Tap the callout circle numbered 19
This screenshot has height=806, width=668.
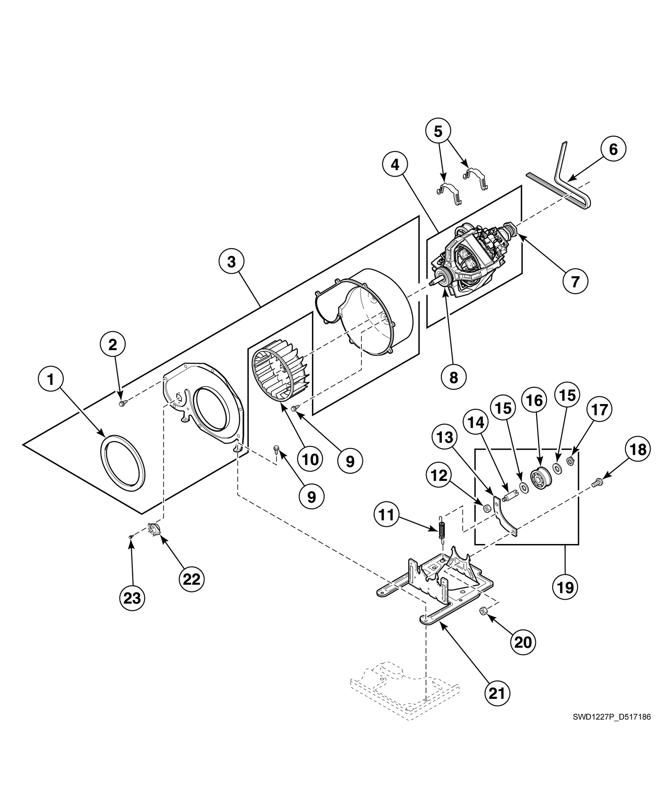click(565, 587)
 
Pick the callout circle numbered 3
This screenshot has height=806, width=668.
click(231, 262)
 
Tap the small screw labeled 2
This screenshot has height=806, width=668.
click(122, 403)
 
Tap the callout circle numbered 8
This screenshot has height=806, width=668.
click(454, 377)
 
